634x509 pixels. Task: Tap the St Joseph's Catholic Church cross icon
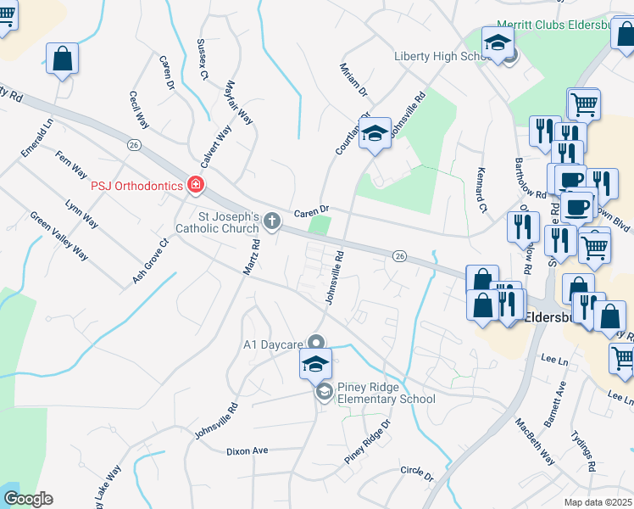tap(272, 222)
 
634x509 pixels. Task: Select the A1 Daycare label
tap(273, 344)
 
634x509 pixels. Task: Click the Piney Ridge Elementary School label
tap(386, 393)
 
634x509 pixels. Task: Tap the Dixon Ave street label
tap(247, 451)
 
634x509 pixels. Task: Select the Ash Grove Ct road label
tap(151, 260)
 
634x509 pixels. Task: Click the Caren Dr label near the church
tap(311, 210)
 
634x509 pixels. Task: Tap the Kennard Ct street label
tap(482, 191)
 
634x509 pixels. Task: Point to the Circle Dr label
tap(417, 473)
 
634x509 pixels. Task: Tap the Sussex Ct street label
tap(202, 58)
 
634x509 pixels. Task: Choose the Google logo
tap(28, 499)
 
